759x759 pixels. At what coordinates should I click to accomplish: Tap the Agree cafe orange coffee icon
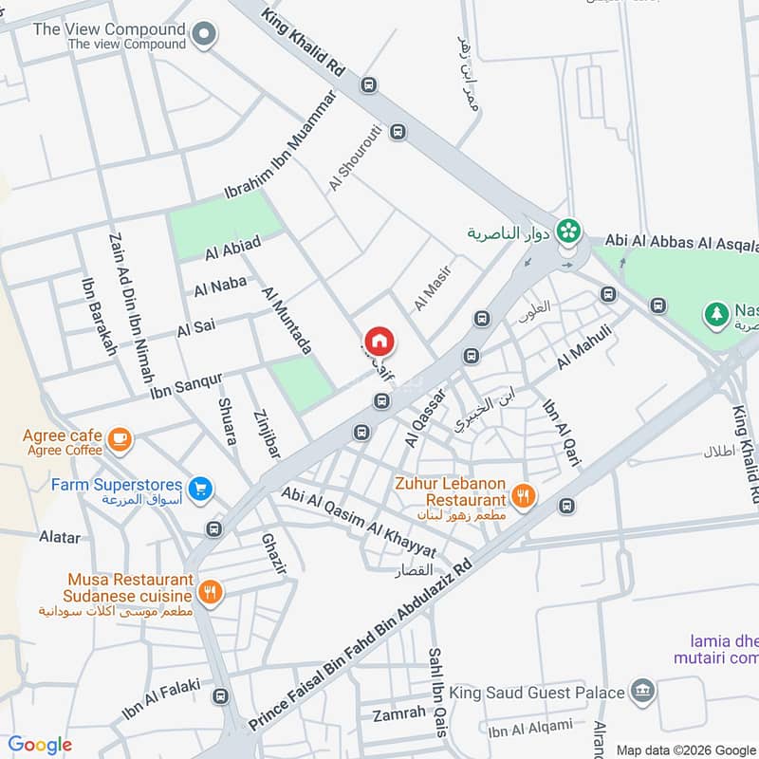pos(120,438)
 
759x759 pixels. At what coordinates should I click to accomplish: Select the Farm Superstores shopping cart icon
pos(200,489)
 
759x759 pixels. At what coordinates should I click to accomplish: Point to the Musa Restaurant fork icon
pos(210,594)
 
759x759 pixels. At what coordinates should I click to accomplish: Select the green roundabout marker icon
pos(568,230)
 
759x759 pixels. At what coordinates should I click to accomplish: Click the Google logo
pos(40,745)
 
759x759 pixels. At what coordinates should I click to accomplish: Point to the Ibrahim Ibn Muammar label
pos(280,145)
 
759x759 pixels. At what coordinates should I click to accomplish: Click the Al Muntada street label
pos(286,321)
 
